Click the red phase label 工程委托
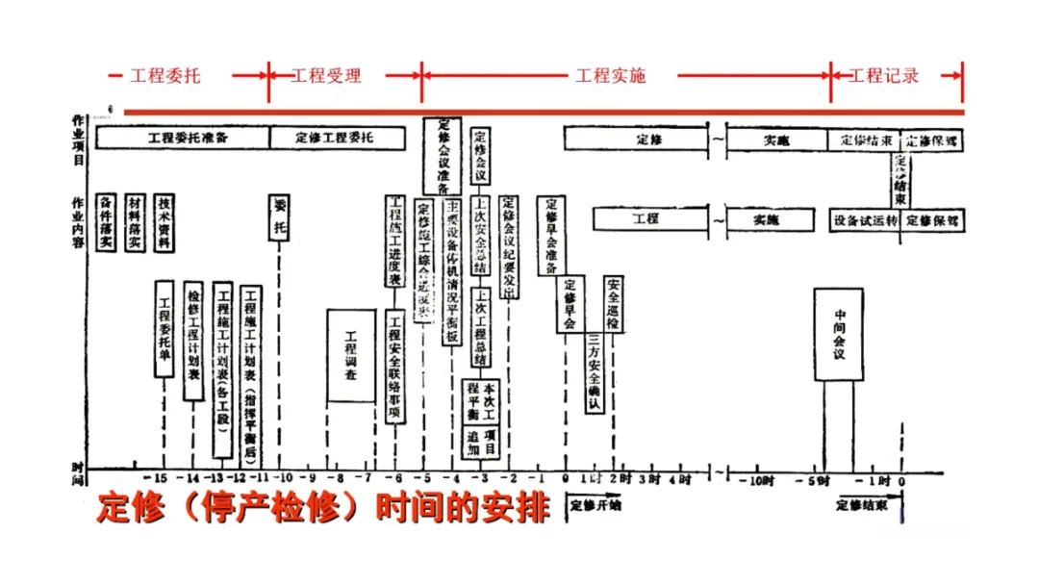tap(165, 75)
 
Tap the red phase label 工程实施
tap(610, 75)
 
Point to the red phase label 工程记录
tap(883, 75)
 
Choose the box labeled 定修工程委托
tap(337, 138)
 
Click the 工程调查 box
tap(350, 355)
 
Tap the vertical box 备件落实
tap(107, 221)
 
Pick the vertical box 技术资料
tap(166, 221)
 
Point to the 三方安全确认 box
tap(595, 372)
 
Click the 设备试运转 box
tap(865, 220)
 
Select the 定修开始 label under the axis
tap(596, 503)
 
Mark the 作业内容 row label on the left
tap(78, 221)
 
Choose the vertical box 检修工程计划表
tap(193, 341)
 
